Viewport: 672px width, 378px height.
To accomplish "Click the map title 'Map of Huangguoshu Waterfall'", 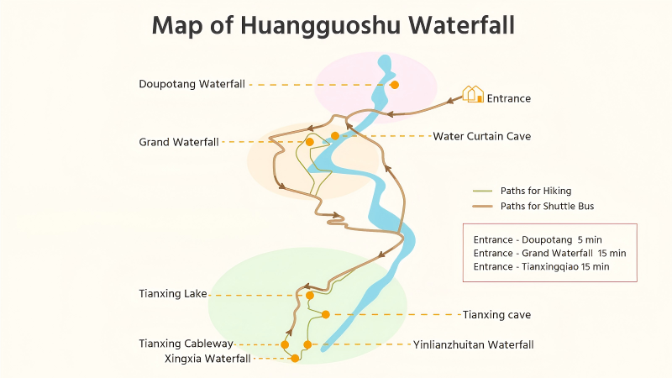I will pos(333,25).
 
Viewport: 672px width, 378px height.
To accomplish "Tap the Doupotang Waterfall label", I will pos(192,84).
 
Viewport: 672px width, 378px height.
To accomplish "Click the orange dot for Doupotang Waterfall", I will pos(394,84).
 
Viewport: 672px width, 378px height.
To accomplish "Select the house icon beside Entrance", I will pos(473,94).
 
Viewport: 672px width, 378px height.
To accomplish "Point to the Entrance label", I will pos(509,98).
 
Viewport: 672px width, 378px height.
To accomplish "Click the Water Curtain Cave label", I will pos(481,136).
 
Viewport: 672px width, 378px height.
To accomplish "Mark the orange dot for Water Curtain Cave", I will pos(335,136).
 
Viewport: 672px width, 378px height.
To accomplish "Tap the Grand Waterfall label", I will pos(179,142).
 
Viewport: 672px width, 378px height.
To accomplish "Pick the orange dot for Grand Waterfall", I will pos(309,142).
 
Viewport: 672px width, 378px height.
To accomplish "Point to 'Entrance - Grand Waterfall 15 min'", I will pos(549,253).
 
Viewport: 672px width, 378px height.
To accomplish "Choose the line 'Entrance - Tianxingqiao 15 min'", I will pos(541,266).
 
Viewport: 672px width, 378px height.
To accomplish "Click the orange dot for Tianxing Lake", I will pos(310,296).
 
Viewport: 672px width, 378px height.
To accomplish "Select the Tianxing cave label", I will pos(496,315).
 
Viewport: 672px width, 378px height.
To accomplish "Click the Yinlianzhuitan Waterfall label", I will pos(473,344).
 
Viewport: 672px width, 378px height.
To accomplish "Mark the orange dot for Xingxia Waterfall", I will pos(295,358).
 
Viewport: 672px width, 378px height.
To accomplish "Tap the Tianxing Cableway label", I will pos(186,344).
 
